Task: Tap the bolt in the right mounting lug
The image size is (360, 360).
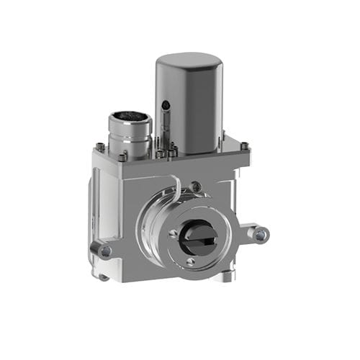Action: coord(260,234)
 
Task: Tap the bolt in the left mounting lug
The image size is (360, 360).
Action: coord(105,251)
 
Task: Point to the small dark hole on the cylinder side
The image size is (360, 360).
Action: coord(166,105)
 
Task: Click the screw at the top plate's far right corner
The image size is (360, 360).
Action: coord(246,146)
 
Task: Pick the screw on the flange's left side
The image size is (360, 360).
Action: coord(173,233)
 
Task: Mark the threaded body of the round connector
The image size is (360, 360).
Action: coord(130,137)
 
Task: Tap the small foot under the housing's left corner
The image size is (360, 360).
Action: coord(104,276)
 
